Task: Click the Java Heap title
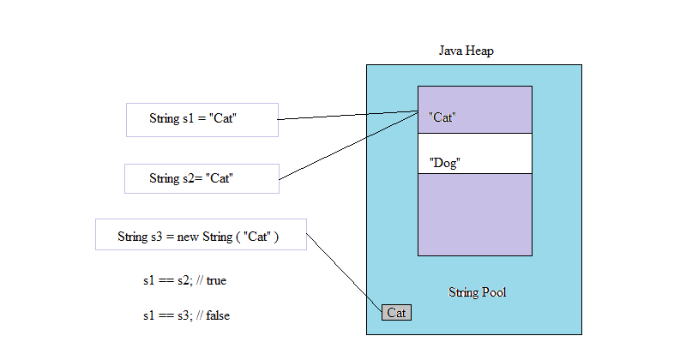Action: [x=466, y=51]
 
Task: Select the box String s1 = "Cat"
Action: [x=202, y=120]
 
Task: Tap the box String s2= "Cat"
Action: [x=202, y=178]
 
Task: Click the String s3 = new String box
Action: [x=201, y=235]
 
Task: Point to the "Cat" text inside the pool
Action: [x=441, y=117]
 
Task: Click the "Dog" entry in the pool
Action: [x=444, y=163]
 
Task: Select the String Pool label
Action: [x=477, y=292]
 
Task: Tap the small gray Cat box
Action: [x=396, y=313]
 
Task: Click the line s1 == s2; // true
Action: [x=184, y=280]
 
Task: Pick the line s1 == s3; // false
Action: [x=186, y=315]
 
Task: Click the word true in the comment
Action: [x=215, y=280]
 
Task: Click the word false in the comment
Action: [x=217, y=315]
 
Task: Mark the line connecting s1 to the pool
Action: [x=347, y=116]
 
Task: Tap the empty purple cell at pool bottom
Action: [x=474, y=214]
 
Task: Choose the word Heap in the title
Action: [x=479, y=51]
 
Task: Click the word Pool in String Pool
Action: [x=493, y=292]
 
